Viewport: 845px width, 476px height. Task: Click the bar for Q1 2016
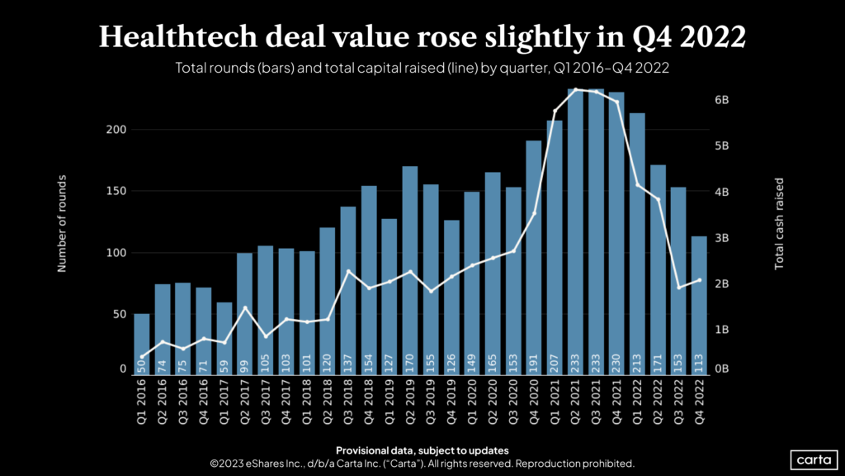click(142, 344)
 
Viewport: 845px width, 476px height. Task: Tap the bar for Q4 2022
click(699, 305)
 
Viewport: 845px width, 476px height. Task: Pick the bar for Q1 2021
click(555, 247)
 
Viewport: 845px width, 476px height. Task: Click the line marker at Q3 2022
click(678, 288)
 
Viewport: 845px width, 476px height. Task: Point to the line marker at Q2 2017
click(245, 308)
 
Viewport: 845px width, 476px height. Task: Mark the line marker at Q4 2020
click(534, 213)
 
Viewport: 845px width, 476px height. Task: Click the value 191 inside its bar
click(534, 360)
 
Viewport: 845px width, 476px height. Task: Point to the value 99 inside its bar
click(245, 360)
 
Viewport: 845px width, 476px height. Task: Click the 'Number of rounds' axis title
click(62, 223)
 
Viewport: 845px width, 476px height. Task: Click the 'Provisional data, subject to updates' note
click(422, 450)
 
